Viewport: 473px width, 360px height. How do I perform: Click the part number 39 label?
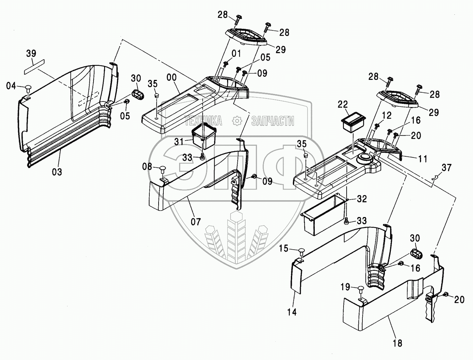(x=31, y=54)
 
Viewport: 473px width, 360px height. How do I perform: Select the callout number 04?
(x=11, y=86)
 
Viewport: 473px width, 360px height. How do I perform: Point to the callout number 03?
(x=57, y=171)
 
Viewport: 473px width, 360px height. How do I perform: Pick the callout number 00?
(x=172, y=77)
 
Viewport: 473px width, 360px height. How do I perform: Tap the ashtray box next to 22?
(x=353, y=121)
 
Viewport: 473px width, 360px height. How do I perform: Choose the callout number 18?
(x=397, y=342)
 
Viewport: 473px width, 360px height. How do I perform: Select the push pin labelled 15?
(x=301, y=251)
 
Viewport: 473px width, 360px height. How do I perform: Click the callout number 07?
(x=196, y=221)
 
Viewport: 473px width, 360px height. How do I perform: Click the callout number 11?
(x=423, y=159)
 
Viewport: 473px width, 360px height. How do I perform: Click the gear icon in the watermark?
(x=237, y=120)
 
